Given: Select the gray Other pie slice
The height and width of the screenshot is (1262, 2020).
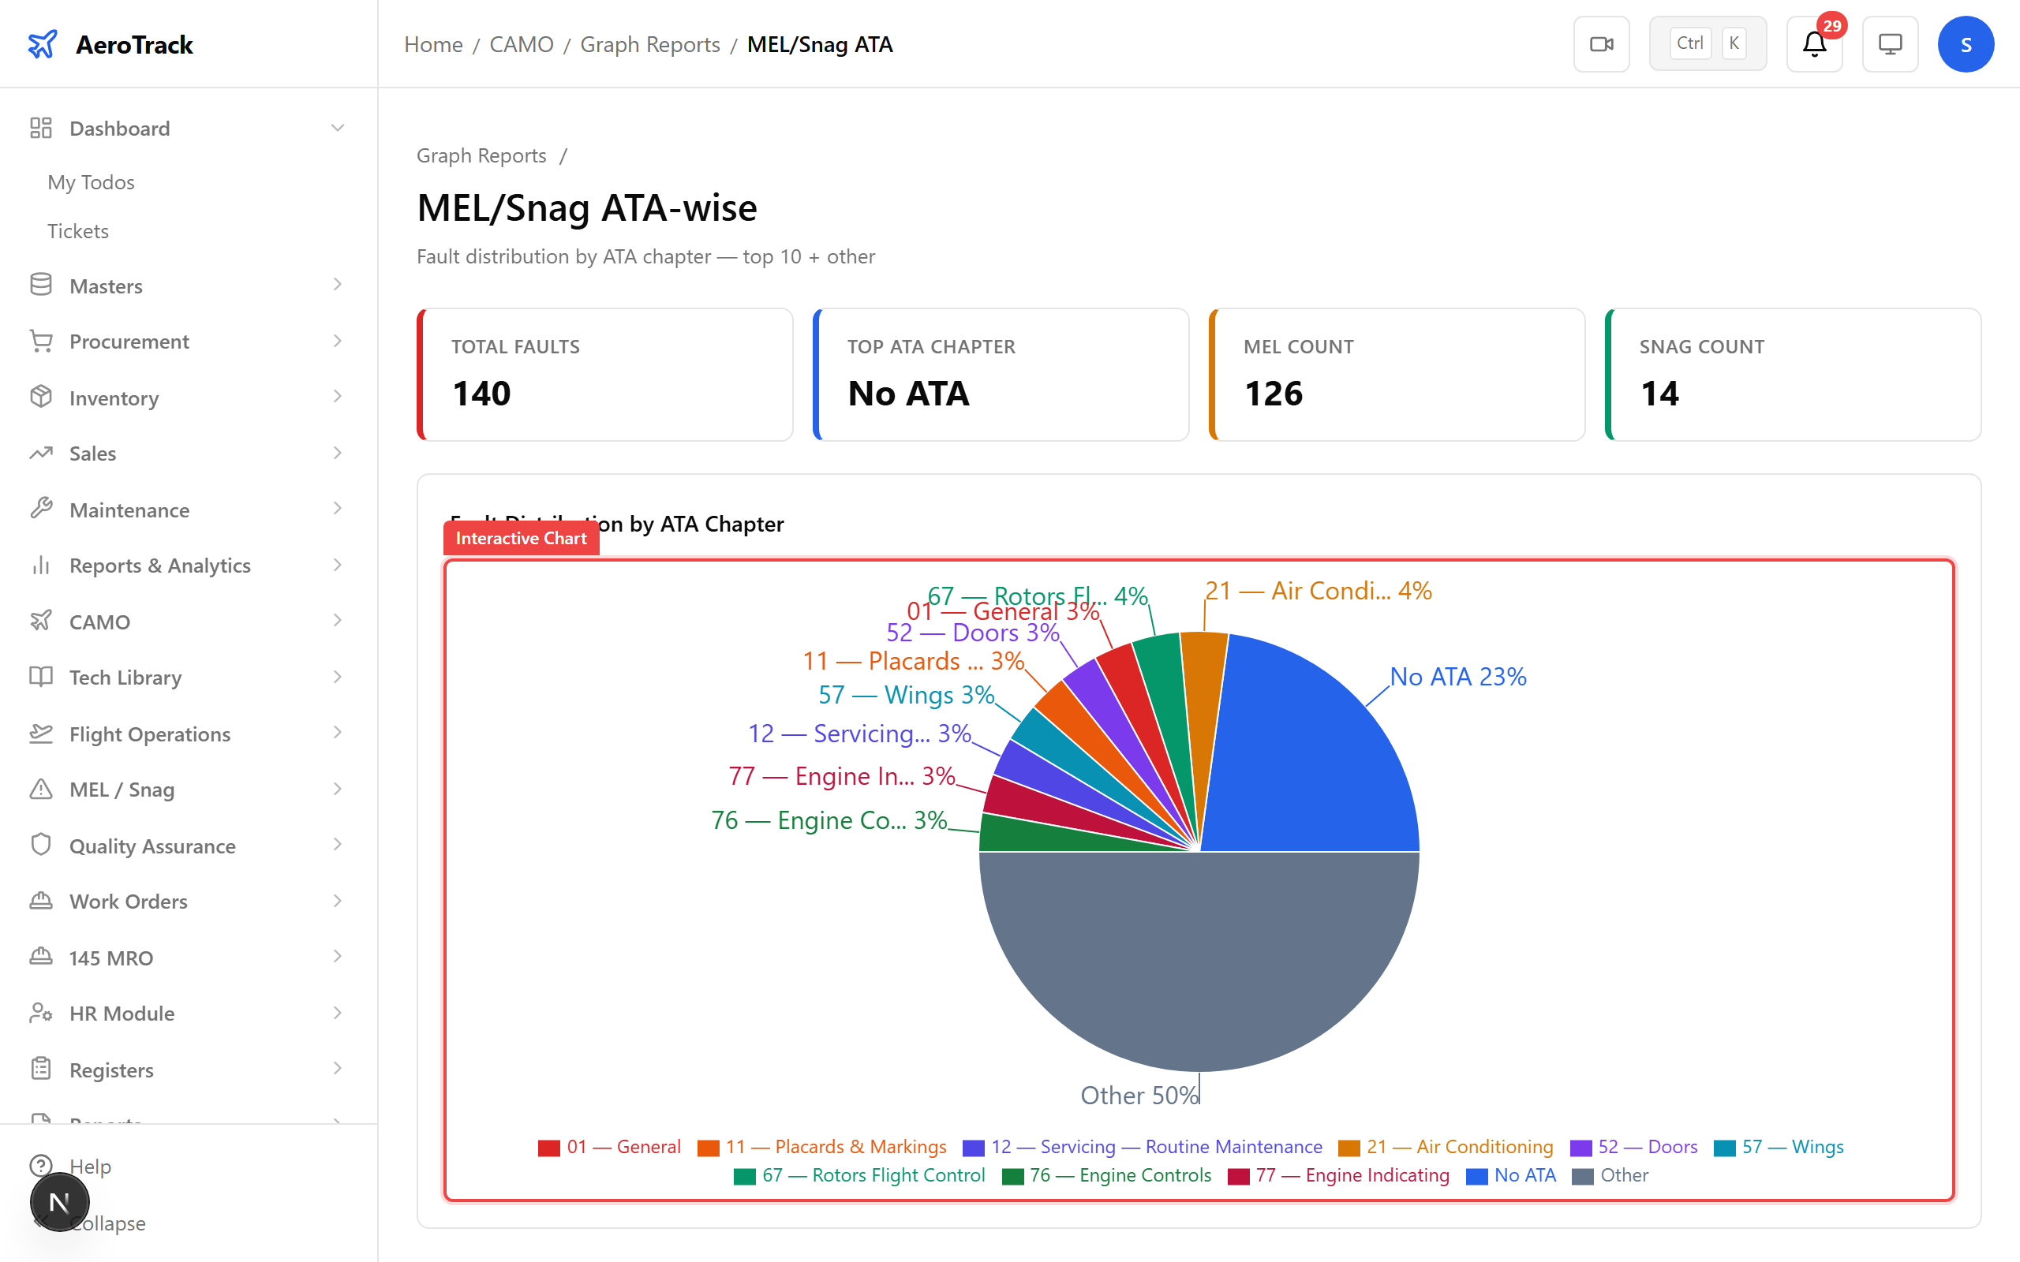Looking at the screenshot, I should [1199, 960].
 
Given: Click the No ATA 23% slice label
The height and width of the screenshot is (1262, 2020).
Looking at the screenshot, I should [1457, 677].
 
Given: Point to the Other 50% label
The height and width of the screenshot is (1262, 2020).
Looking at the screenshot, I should [1139, 1095].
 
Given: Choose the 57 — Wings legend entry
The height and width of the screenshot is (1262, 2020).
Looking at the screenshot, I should [1779, 1147].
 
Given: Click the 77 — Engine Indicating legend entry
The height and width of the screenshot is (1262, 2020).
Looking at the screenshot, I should [1339, 1175].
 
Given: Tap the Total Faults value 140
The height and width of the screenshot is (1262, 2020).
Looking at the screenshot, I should [481, 393].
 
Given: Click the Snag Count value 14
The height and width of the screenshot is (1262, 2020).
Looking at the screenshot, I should [1659, 393].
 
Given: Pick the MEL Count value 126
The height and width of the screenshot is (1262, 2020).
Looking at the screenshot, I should [1273, 393].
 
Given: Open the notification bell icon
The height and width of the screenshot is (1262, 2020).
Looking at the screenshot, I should [1814, 44].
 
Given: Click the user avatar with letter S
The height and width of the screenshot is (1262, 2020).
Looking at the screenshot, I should [1966, 44].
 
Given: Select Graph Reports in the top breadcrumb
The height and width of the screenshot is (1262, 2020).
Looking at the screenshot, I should [649, 44].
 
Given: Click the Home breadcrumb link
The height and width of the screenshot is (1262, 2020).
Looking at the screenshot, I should [433, 44].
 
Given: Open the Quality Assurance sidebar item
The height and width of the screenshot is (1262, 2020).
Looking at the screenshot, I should [152, 846].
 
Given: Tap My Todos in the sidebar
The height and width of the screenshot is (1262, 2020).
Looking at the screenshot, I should [91, 182].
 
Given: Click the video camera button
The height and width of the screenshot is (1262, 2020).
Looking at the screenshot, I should [1601, 44].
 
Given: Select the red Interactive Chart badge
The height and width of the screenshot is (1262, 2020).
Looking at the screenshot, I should [521, 539].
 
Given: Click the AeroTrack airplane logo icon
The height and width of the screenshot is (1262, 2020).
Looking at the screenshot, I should [43, 44].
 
